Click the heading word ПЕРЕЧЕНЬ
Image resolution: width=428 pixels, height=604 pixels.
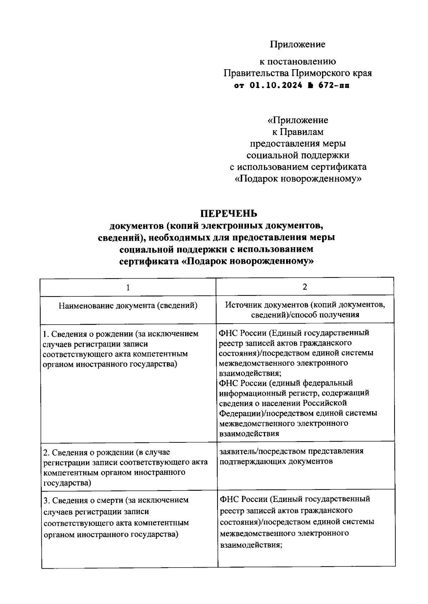click(x=228, y=213)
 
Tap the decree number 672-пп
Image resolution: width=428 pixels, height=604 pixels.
click(x=334, y=86)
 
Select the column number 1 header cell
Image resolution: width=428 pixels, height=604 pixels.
click(x=128, y=288)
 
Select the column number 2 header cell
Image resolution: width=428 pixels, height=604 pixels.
click(x=305, y=287)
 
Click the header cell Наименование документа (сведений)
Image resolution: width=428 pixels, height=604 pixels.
click(x=128, y=305)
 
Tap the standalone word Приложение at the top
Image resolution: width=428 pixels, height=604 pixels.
click(x=297, y=44)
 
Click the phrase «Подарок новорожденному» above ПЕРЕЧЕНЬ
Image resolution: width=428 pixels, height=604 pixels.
click(x=298, y=178)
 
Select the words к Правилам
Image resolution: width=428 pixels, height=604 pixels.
click(x=298, y=132)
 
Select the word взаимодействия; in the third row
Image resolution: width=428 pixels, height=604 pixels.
click(x=251, y=545)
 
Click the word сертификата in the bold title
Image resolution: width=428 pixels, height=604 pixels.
click(x=149, y=261)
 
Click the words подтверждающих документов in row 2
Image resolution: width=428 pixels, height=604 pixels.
click(x=276, y=461)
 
